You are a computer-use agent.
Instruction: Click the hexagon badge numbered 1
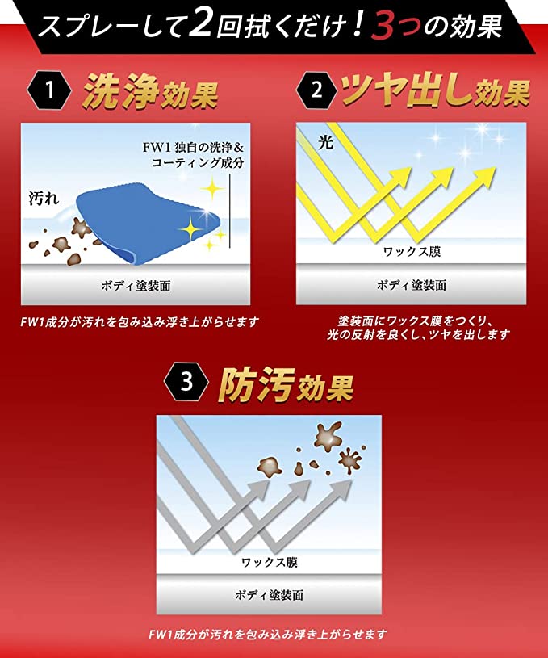click(x=49, y=90)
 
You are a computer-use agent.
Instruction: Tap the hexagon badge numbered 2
click(x=317, y=90)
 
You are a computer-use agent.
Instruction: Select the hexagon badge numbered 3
click(x=186, y=383)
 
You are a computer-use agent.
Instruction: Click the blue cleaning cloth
click(x=148, y=222)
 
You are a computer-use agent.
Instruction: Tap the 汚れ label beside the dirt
click(x=44, y=199)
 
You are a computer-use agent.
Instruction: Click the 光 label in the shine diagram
click(x=325, y=143)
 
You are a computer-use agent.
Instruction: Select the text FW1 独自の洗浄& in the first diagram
click(x=193, y=147)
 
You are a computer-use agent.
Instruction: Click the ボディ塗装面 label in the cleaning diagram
click(x=136, y=286)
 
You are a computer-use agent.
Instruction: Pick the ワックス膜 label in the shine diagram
click(x=412, y=251)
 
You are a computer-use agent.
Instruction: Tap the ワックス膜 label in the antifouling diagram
click(x=270, y=562)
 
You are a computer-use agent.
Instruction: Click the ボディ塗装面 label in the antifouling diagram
click(x=269, y=595)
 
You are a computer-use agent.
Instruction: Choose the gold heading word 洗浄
click(x=121, y=91)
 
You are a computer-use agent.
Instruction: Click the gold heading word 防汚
click(x=256, y=385)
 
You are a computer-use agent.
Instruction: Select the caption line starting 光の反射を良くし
click(x=418, y=335)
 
